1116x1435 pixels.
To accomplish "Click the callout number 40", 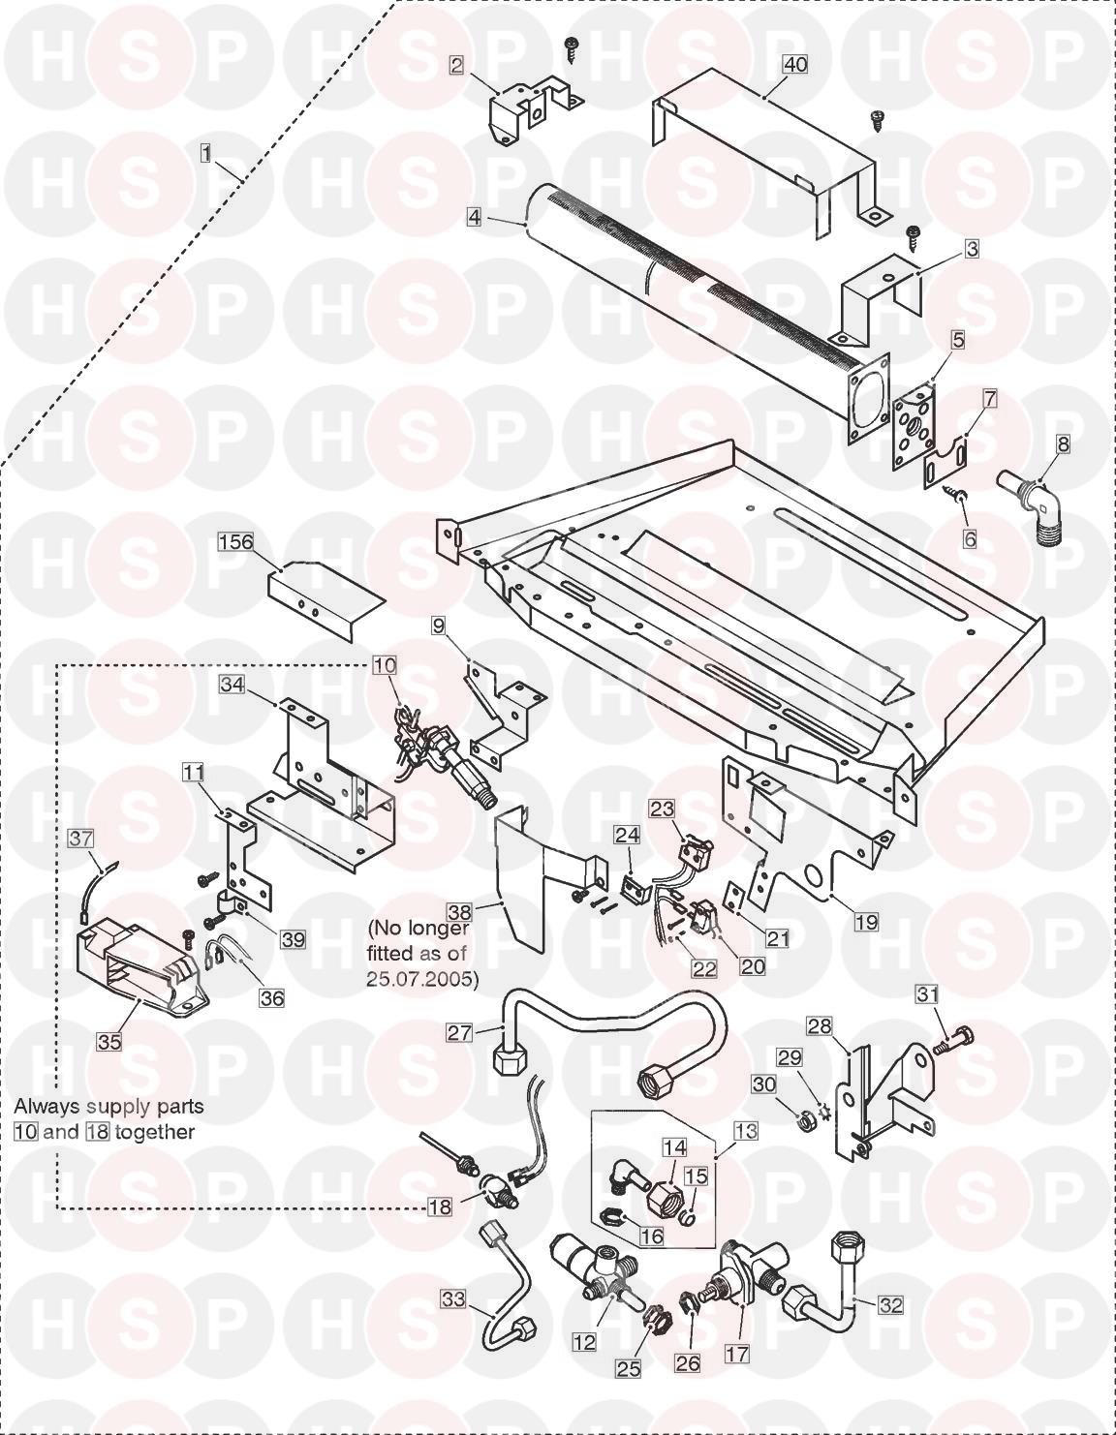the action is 795,65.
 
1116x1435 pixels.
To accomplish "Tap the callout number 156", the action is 235,542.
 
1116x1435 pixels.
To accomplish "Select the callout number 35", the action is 109,1042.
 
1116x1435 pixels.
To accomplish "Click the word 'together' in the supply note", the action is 155,1132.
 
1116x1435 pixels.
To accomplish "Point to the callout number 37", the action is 81,839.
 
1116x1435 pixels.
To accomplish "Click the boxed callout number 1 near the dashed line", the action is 206,154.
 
